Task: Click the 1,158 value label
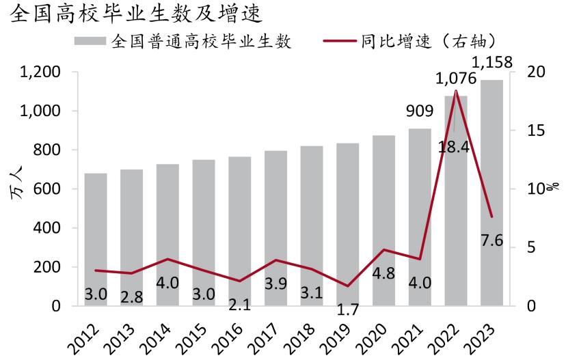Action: pos(492,64)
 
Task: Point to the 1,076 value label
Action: pos(456,79)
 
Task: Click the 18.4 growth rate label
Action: pos(455,146)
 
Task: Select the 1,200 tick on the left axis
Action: pos(41,72)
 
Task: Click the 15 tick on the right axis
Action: pos(528,130)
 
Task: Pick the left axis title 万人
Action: pos(16,189)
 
